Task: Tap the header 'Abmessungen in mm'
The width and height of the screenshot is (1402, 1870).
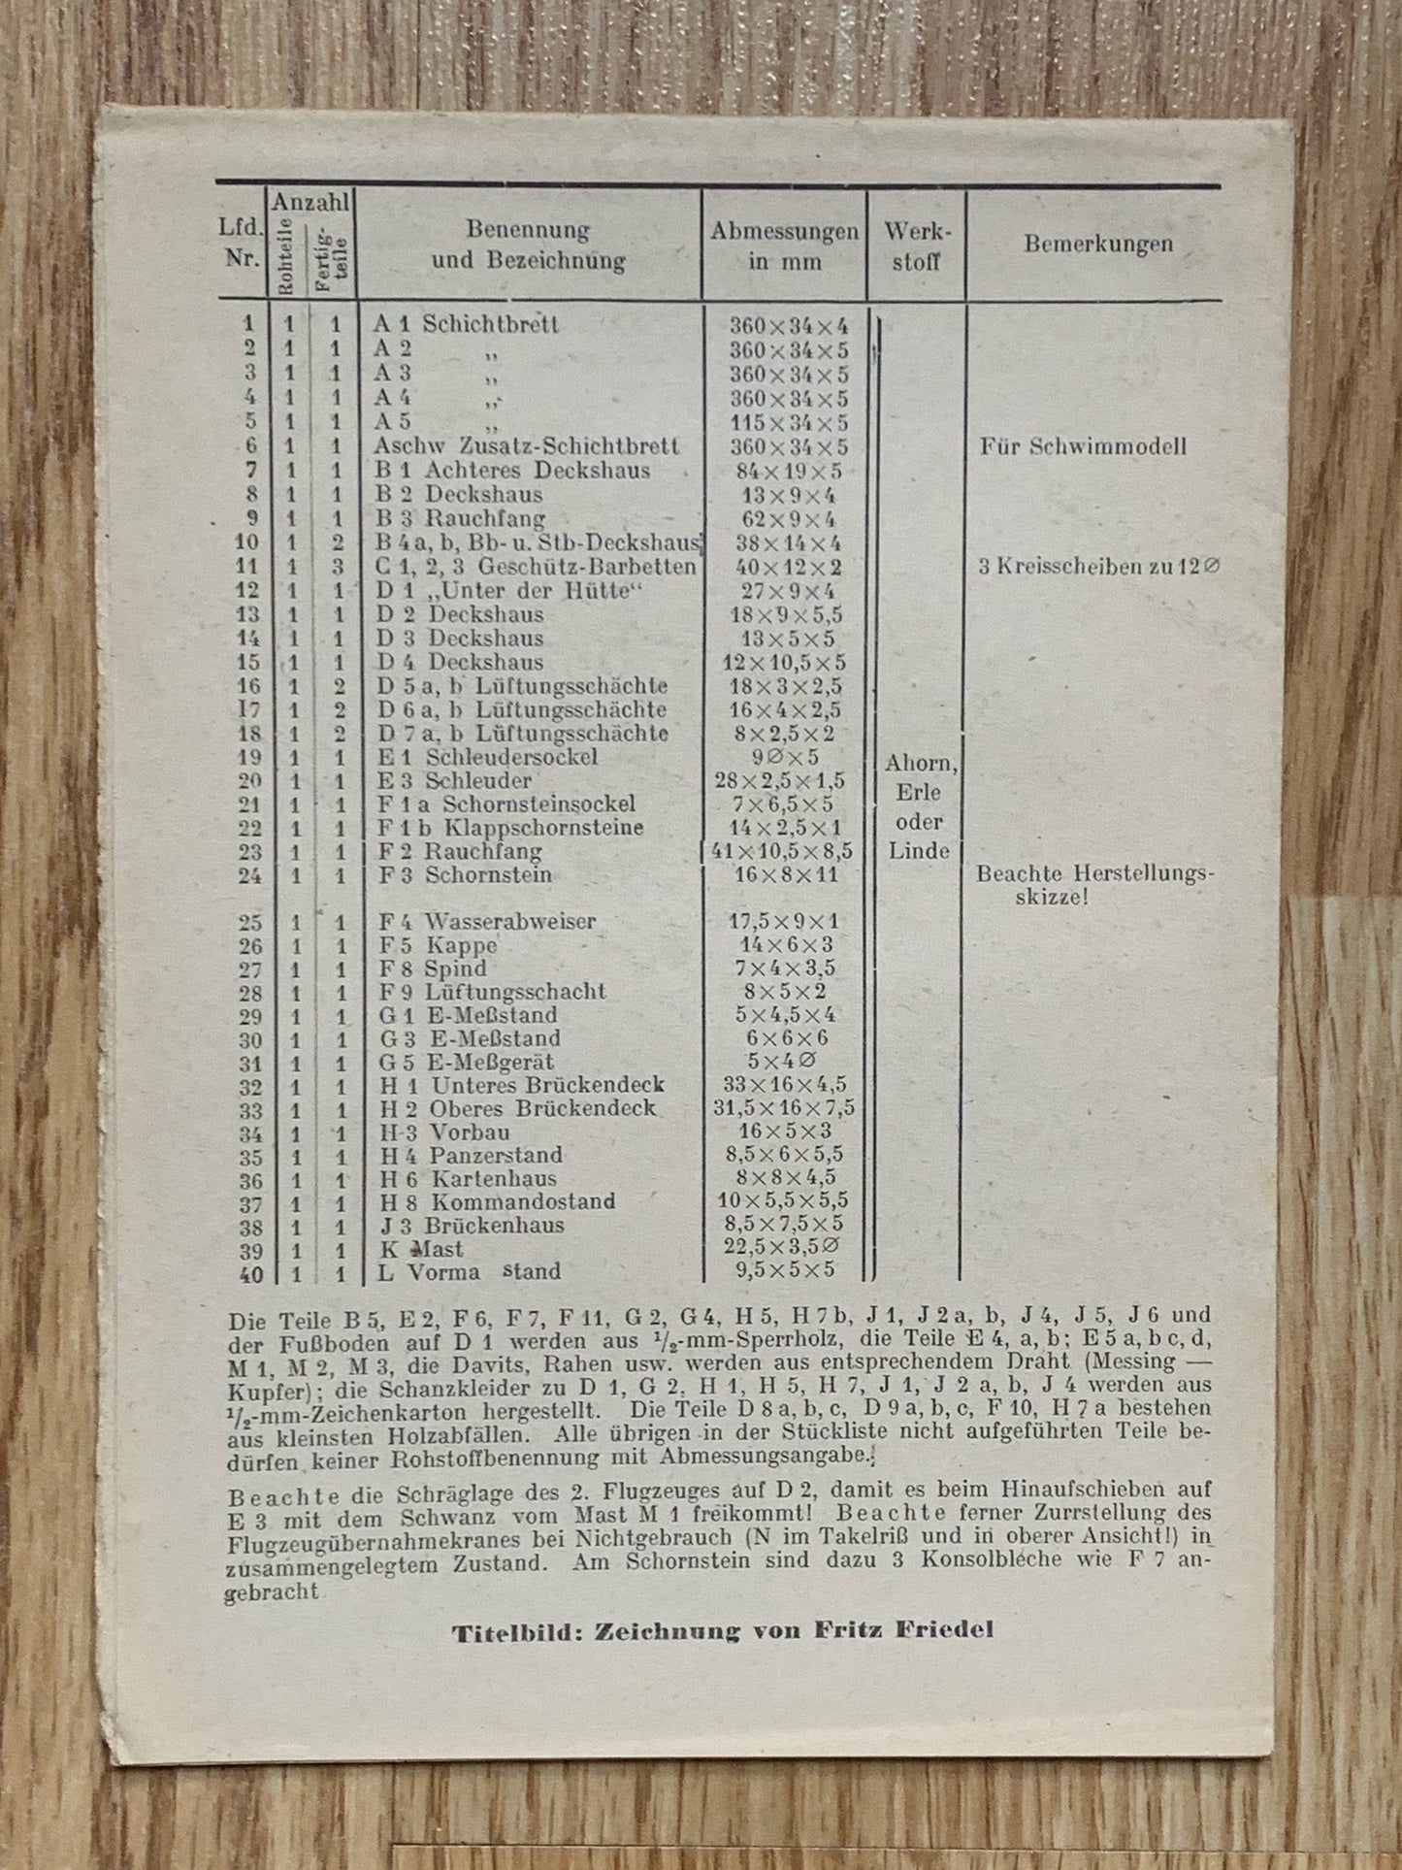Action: pos(784,246)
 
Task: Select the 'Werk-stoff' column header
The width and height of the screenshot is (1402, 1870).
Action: pos(917,246)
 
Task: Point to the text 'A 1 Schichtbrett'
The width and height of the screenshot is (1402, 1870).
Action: pos(466,324)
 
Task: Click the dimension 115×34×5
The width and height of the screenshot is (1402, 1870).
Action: pos(789,423)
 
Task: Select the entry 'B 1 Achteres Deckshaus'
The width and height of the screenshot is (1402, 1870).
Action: pos(511,471)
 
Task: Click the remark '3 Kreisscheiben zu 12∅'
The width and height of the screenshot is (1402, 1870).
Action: pos(1097,567)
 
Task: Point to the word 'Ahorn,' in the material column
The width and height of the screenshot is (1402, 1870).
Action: pos(920,764)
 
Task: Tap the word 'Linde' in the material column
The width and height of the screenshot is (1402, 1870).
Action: pos(919,851)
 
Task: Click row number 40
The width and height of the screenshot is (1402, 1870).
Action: pos(250,1272)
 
